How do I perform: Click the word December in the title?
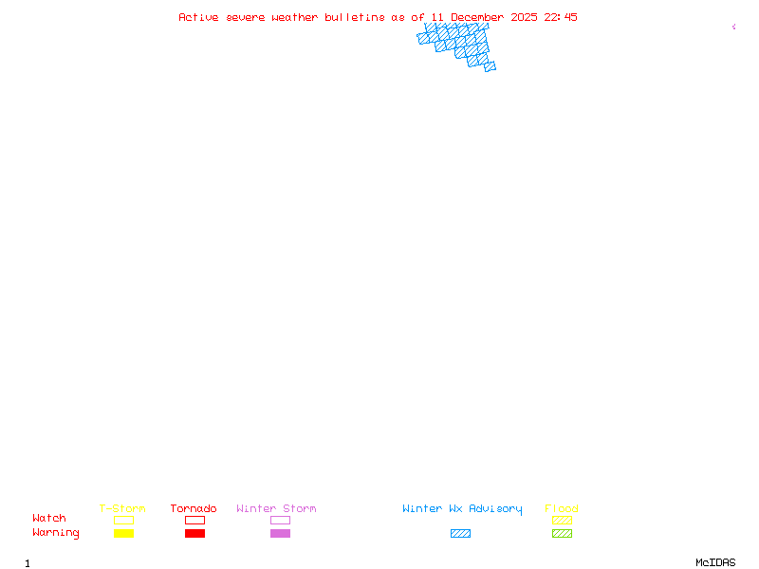coord(478,17)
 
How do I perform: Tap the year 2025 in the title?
coord(525,17)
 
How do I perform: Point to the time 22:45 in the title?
coord(561,17)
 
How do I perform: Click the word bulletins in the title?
coord(355,17)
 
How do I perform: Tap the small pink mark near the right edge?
coord(733,27)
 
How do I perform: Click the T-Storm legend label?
coord(122,508)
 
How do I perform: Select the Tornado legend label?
coord(194,508)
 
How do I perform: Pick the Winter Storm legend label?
coord(276,508)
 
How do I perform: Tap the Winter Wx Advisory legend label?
coord(462,508)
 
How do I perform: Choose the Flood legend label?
coord(562,508)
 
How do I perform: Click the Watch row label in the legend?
coord(49,519)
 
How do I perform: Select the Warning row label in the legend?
coord(56,533)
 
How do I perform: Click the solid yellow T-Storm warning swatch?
coord(123,533)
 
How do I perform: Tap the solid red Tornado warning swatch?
coord(194,533)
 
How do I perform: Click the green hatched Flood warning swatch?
coord(562,533)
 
